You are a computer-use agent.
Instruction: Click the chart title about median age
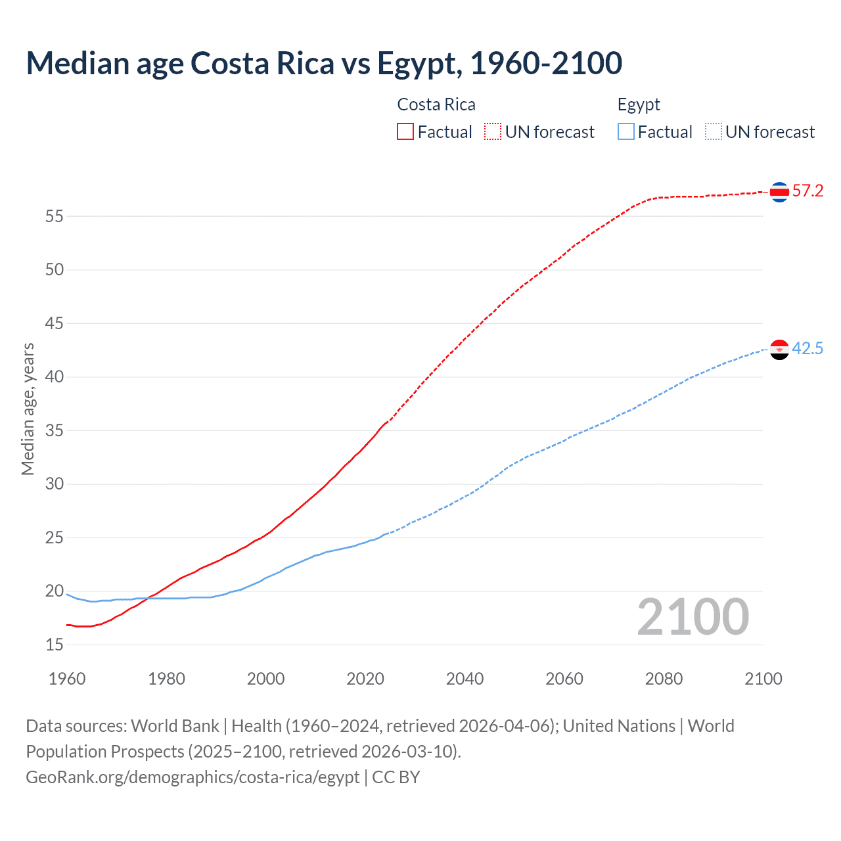coord(324,64)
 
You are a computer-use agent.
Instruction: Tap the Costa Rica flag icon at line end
coord(779,192)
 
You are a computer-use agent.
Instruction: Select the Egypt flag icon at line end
coord(779,350)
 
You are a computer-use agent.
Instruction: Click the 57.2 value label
coord(807,191)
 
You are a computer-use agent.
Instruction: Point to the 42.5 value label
coord(807,349)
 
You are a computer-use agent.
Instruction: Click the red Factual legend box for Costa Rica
coord(405,132)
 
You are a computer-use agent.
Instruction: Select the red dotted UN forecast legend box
coord(493,132)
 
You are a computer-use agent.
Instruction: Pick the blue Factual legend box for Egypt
coord(626,132)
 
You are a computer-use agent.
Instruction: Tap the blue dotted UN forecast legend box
coord(714,132)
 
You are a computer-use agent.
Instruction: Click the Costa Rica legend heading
coord(436,105)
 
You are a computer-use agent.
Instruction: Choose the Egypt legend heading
coord(639,105)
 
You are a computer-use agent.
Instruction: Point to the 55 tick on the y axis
coord(55,216)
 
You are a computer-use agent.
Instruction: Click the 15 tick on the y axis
coord(55,645)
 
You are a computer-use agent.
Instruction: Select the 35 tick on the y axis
coord(55,431)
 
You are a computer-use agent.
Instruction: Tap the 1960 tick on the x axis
coord(67,679)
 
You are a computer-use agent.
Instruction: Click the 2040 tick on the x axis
coord(465,679)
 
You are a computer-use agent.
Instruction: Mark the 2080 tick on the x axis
coord(664,679)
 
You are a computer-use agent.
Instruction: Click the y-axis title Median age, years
coord(28,409)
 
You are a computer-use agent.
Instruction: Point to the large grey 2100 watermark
coord(693,616)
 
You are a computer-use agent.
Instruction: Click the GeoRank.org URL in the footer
coord(193,777)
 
